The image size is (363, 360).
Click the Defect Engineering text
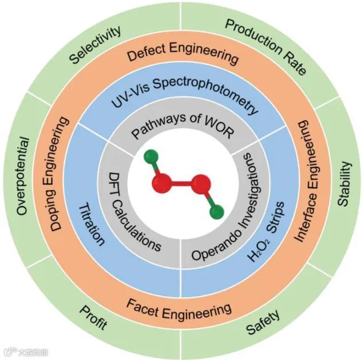182,56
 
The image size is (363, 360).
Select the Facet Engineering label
178,311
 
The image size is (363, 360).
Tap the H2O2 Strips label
264,233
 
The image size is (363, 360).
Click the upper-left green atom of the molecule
150,156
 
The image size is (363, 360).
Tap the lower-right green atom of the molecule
216,212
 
